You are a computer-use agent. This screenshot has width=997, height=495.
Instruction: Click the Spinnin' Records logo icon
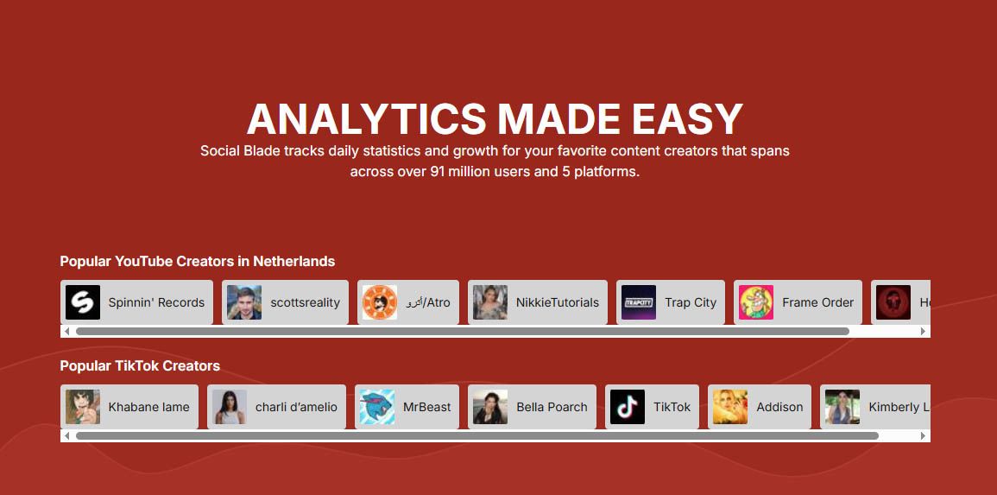(83, 302)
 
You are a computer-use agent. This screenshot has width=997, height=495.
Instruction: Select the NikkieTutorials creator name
(558, 303)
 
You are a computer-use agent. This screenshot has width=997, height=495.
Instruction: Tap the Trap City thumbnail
(639, 302)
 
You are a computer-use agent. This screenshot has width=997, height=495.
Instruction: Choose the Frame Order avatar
(756, 302)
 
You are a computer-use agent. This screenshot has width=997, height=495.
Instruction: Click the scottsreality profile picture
(244, 302)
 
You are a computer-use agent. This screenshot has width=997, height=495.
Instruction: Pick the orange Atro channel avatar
(380, 302)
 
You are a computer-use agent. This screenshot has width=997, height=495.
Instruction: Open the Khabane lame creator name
(148, 407)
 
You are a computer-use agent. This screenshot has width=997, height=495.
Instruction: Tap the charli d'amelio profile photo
(229, 407)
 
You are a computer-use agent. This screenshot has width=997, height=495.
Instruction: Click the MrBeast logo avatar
(376, 407)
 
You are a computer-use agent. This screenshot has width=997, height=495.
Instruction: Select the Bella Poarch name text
(552, 407)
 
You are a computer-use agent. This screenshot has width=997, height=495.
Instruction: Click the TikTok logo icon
(628, 407)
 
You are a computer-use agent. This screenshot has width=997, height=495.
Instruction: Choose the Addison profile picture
(730, 407)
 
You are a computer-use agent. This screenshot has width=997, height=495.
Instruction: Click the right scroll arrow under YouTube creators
(924, 332)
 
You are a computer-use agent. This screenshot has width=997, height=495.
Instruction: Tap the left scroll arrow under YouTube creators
(67, 332)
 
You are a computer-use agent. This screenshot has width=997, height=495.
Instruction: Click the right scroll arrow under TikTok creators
(924, 436)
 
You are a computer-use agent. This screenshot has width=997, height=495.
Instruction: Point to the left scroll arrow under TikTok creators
(67, 436)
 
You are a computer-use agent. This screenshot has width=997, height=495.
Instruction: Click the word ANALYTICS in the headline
(367, 119)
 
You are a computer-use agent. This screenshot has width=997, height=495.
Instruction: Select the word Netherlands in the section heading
(293, 262)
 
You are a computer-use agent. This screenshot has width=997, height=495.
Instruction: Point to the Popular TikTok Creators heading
(140, 365)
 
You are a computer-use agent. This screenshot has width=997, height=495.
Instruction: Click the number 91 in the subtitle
(438, 172)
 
